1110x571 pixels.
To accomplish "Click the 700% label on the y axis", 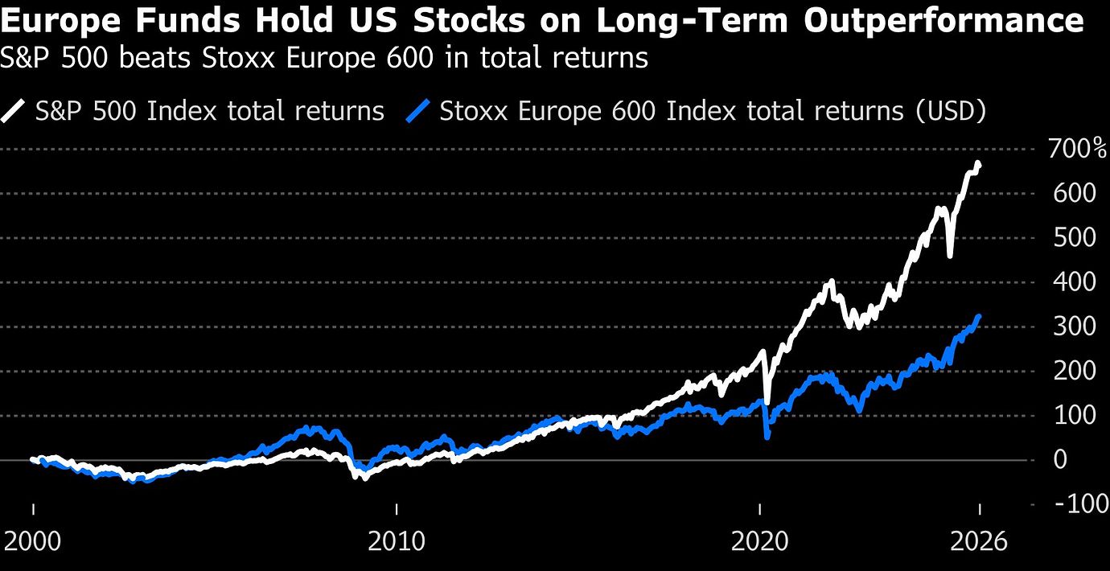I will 1076,149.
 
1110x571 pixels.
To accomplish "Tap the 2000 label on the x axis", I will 34,541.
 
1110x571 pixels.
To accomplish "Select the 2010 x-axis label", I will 397,541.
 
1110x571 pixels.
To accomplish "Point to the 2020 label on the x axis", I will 760,541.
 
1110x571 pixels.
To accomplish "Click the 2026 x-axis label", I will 978,541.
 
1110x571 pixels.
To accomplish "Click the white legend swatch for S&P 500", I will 16,110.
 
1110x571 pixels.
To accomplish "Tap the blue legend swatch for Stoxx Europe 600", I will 420,110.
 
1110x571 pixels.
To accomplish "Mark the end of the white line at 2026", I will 978,165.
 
